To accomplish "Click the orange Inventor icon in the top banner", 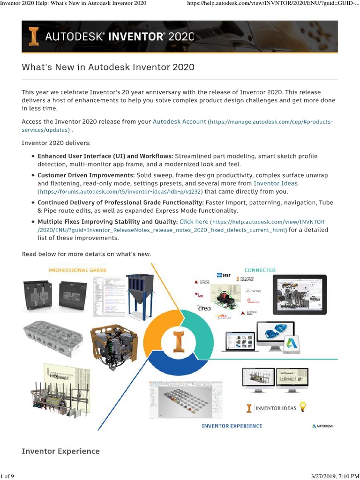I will coord(33,37).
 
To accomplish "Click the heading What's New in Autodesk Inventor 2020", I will coord(108,67).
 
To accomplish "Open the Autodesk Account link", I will coord(179,121).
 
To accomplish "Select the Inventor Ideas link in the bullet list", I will coord(275,183).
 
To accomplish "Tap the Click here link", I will coord(194,222).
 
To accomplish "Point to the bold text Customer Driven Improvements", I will coord(86,175).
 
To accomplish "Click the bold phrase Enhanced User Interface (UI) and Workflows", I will coord(105,156).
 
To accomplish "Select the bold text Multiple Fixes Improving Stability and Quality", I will coord(107,222).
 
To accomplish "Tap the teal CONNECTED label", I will coord(260,270).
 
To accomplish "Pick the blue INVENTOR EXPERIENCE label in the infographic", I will coord(232,426).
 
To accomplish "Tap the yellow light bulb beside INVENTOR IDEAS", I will coord(303,407).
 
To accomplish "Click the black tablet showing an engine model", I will coord(300,294).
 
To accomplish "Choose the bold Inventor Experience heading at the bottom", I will coord(60,451).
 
